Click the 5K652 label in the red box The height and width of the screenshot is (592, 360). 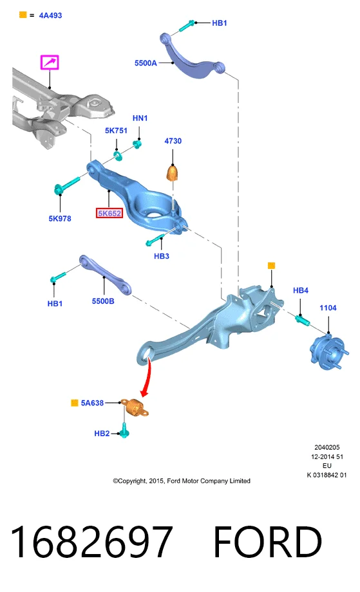(x=109, y=214)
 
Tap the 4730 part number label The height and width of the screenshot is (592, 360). (x=173, y=141)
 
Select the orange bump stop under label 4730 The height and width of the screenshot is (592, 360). (x=172, y=172)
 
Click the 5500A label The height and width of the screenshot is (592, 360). (x=146, y=63)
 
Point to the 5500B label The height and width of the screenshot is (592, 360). (x=103, y=301)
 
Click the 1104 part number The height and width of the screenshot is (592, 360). (x=328, y=308)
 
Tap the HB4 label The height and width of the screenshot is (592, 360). (x=301, y=290)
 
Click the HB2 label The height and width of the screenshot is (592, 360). (x=102, y=434)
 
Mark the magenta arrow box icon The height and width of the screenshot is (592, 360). (x=50, y=62)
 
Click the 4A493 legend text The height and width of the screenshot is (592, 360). (x=51, y=15)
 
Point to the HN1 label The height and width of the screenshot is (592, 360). (x=140, y=118)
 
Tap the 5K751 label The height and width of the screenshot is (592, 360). (x=116, y=131)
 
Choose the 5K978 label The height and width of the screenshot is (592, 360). (x=60, y=219)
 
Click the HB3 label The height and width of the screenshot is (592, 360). (x=162, y=256)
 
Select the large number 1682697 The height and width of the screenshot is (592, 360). (x=91, y=541)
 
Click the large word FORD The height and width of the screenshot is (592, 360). (x=267, y=542)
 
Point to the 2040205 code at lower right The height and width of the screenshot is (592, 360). (x=327, y=447)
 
